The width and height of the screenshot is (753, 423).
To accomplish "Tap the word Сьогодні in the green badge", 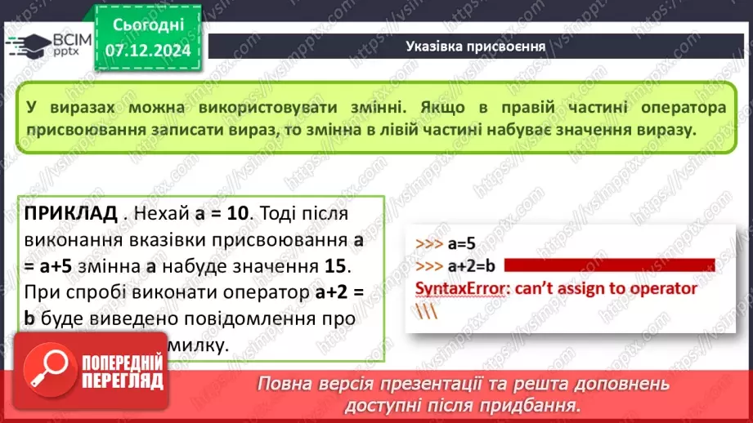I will click(x=149, y=26).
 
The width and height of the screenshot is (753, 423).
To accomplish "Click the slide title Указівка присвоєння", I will click(x=476, y=46).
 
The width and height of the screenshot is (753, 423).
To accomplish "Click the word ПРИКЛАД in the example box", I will click(x=71, y=214).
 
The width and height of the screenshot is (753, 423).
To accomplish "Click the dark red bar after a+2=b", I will click(x=609, y=265).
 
